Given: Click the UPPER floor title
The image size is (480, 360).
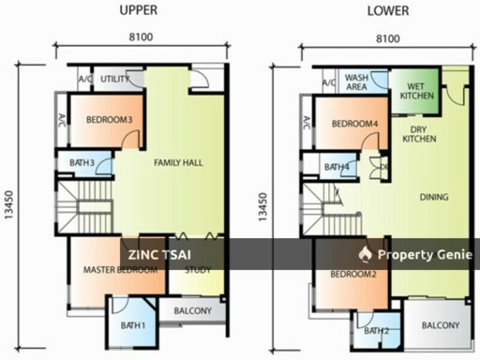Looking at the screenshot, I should [139, 11].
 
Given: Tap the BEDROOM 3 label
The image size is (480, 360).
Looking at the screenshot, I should [109, 120].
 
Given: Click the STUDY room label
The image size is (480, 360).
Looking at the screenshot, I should [198, 272].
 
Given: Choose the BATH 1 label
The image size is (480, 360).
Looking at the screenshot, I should [131, 325].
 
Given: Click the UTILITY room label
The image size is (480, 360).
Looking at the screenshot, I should [115, 80].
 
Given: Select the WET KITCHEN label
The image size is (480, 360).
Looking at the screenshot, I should [413, 91].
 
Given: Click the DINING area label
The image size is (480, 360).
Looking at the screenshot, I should [434, 198].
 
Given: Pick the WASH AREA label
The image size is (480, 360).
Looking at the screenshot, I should [356, 82].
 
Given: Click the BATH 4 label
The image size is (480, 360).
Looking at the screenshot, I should [337, 168].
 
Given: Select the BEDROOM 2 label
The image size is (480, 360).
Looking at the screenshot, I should [353, 274].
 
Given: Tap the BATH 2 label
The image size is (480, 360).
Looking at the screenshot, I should [376, 331].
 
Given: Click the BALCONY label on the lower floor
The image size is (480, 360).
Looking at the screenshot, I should [440, 325].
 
